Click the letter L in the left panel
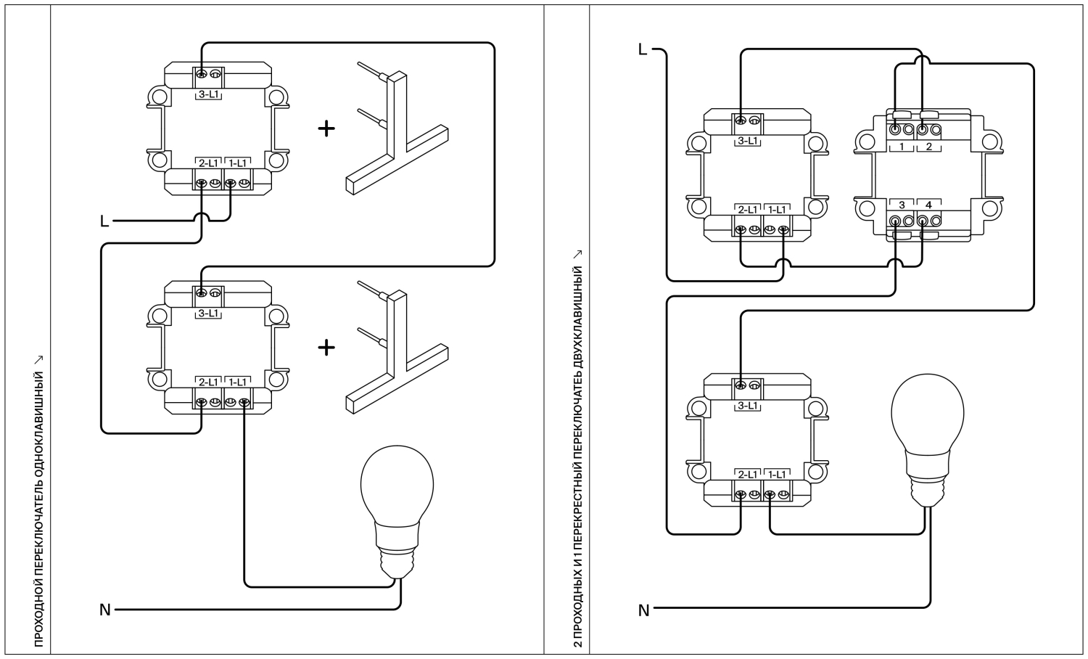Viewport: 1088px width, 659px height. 104,221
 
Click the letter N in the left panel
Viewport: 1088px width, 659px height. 105,610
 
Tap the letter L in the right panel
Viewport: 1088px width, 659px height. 643,49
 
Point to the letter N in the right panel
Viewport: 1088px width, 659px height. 643,610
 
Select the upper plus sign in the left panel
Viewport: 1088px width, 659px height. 326,128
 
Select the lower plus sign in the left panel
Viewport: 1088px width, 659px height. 326,348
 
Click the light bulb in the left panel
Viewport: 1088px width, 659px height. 397,512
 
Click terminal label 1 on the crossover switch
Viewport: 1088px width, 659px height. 902,147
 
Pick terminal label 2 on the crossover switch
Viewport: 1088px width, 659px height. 928,147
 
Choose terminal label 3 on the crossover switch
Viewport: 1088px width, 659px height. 902,205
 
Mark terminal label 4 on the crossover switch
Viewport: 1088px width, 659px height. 928,205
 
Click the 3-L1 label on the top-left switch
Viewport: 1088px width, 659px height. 208,94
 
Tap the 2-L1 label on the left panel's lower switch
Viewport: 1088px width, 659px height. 208,382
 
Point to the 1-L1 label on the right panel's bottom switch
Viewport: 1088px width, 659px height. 777,475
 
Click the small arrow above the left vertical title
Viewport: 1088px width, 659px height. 39,360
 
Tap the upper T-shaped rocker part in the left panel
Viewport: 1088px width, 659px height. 397,133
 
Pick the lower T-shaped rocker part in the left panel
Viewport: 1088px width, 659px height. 397,352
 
